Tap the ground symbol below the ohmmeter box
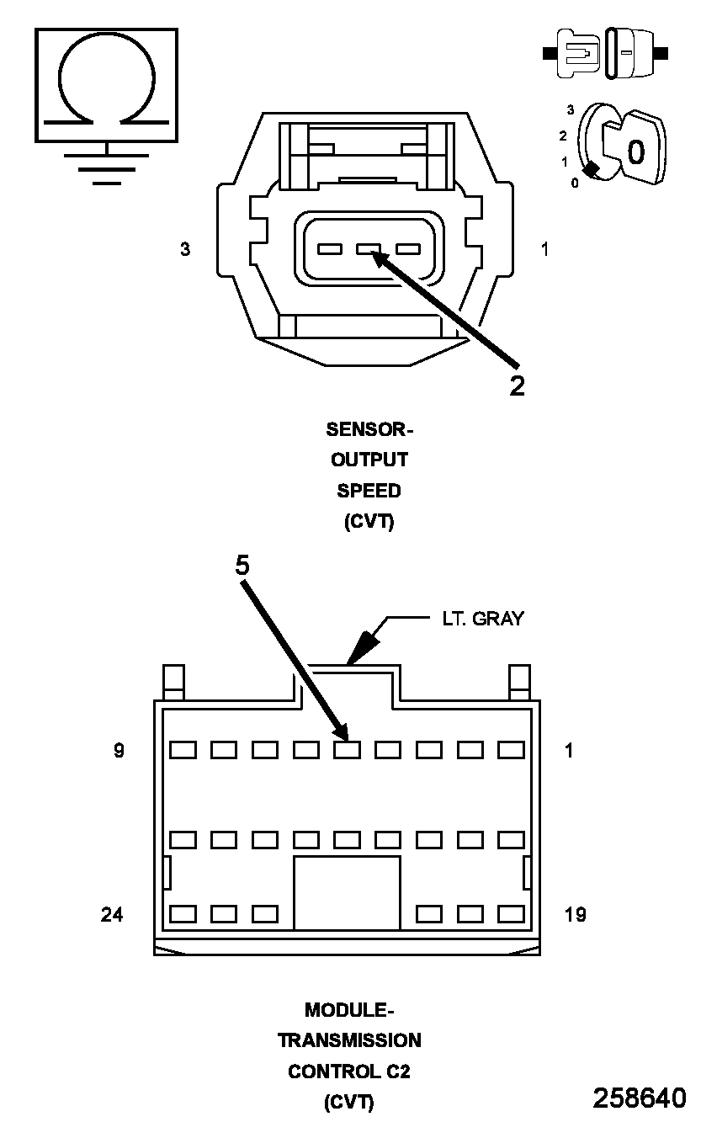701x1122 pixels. coord(106,167)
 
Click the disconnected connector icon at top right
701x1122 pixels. coord(606,53)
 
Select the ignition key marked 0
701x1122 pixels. coord(635,148)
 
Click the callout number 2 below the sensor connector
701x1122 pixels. coord(517,385)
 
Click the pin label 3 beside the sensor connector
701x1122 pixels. coord(184,249)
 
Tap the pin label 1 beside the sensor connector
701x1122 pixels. coord(545,249)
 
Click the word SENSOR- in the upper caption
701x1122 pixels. coord(369,429)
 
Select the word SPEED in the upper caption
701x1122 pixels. coord(369,491)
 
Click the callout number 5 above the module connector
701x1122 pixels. coord(242,566)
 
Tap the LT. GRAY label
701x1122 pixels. coord(483,619)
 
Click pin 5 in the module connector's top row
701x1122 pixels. coord(348,749)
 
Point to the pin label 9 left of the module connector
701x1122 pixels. coord(119,750)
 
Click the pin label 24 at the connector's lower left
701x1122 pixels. coord(112,914)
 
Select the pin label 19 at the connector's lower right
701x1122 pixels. coord(575,914)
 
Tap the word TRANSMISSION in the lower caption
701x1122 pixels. coord(349,1040)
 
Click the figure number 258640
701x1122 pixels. coord(640,1098)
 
